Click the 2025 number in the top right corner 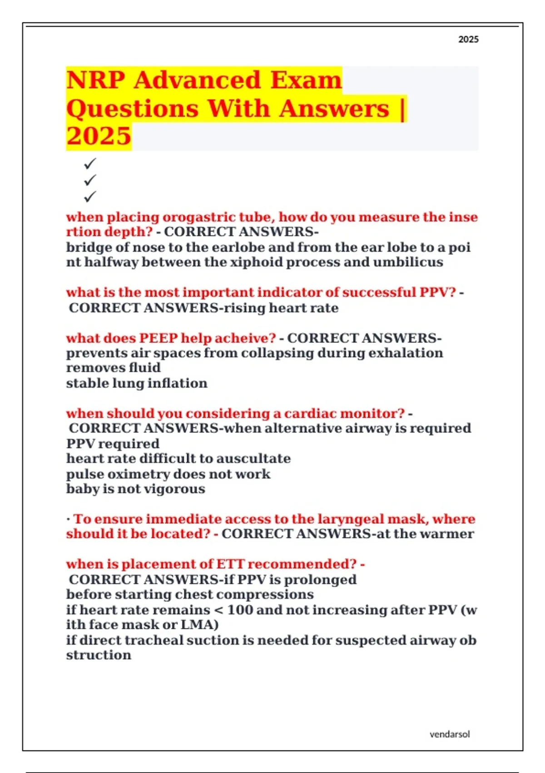pyautogui.click(x=468, y=40)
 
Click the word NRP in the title pyautogui.click(x=96, y=80)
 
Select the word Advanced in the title pyautogui.click(x=198, y=80)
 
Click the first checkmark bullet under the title pyautogui.click(x=90, y=163)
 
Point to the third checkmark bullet pyautogui.click(x=90, y=197)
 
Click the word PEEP pyautogui.click(x=158, y=338)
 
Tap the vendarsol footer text pyautogui.click(x=450, y=734)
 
